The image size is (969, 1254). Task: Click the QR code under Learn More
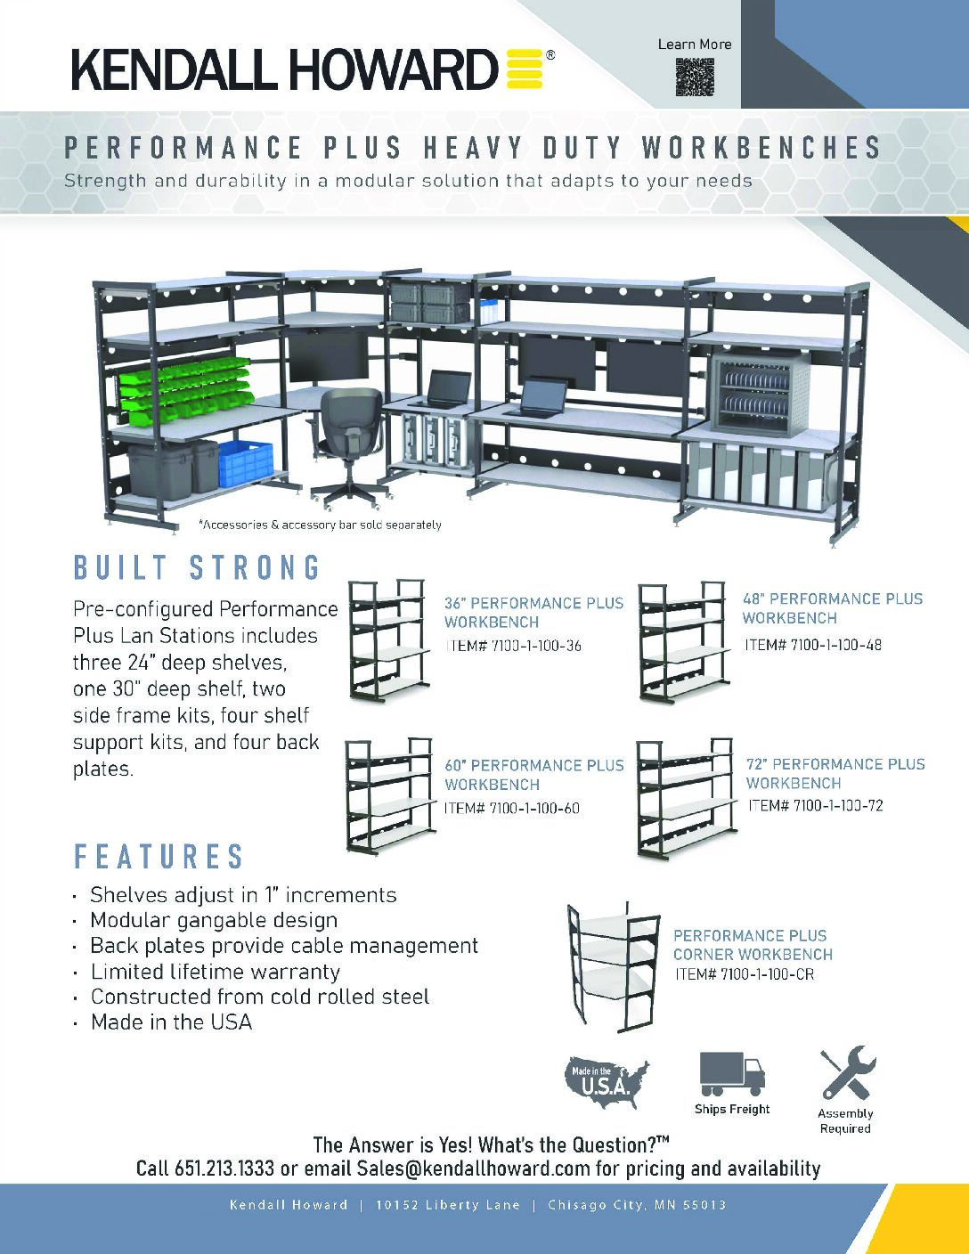[x=695, y=77]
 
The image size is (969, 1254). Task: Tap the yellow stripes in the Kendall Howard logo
[x=525, y=69]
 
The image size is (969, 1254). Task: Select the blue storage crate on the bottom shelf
[x=245, y=464]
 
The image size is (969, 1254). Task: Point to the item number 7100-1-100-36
[x=512, y=646]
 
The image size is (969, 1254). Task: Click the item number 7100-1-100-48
[x=812, y=644]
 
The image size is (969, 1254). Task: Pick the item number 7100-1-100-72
[x=815, y=805]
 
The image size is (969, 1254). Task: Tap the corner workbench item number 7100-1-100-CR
[x=744, y=974]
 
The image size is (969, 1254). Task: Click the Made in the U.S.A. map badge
[x=607, y=1081]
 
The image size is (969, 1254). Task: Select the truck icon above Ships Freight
[x=731, y=1073]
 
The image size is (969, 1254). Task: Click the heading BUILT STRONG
[x=197, y=568]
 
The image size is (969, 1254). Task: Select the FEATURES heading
[x=159, y=857]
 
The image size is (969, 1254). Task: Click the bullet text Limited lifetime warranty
[x=216, y=972]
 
